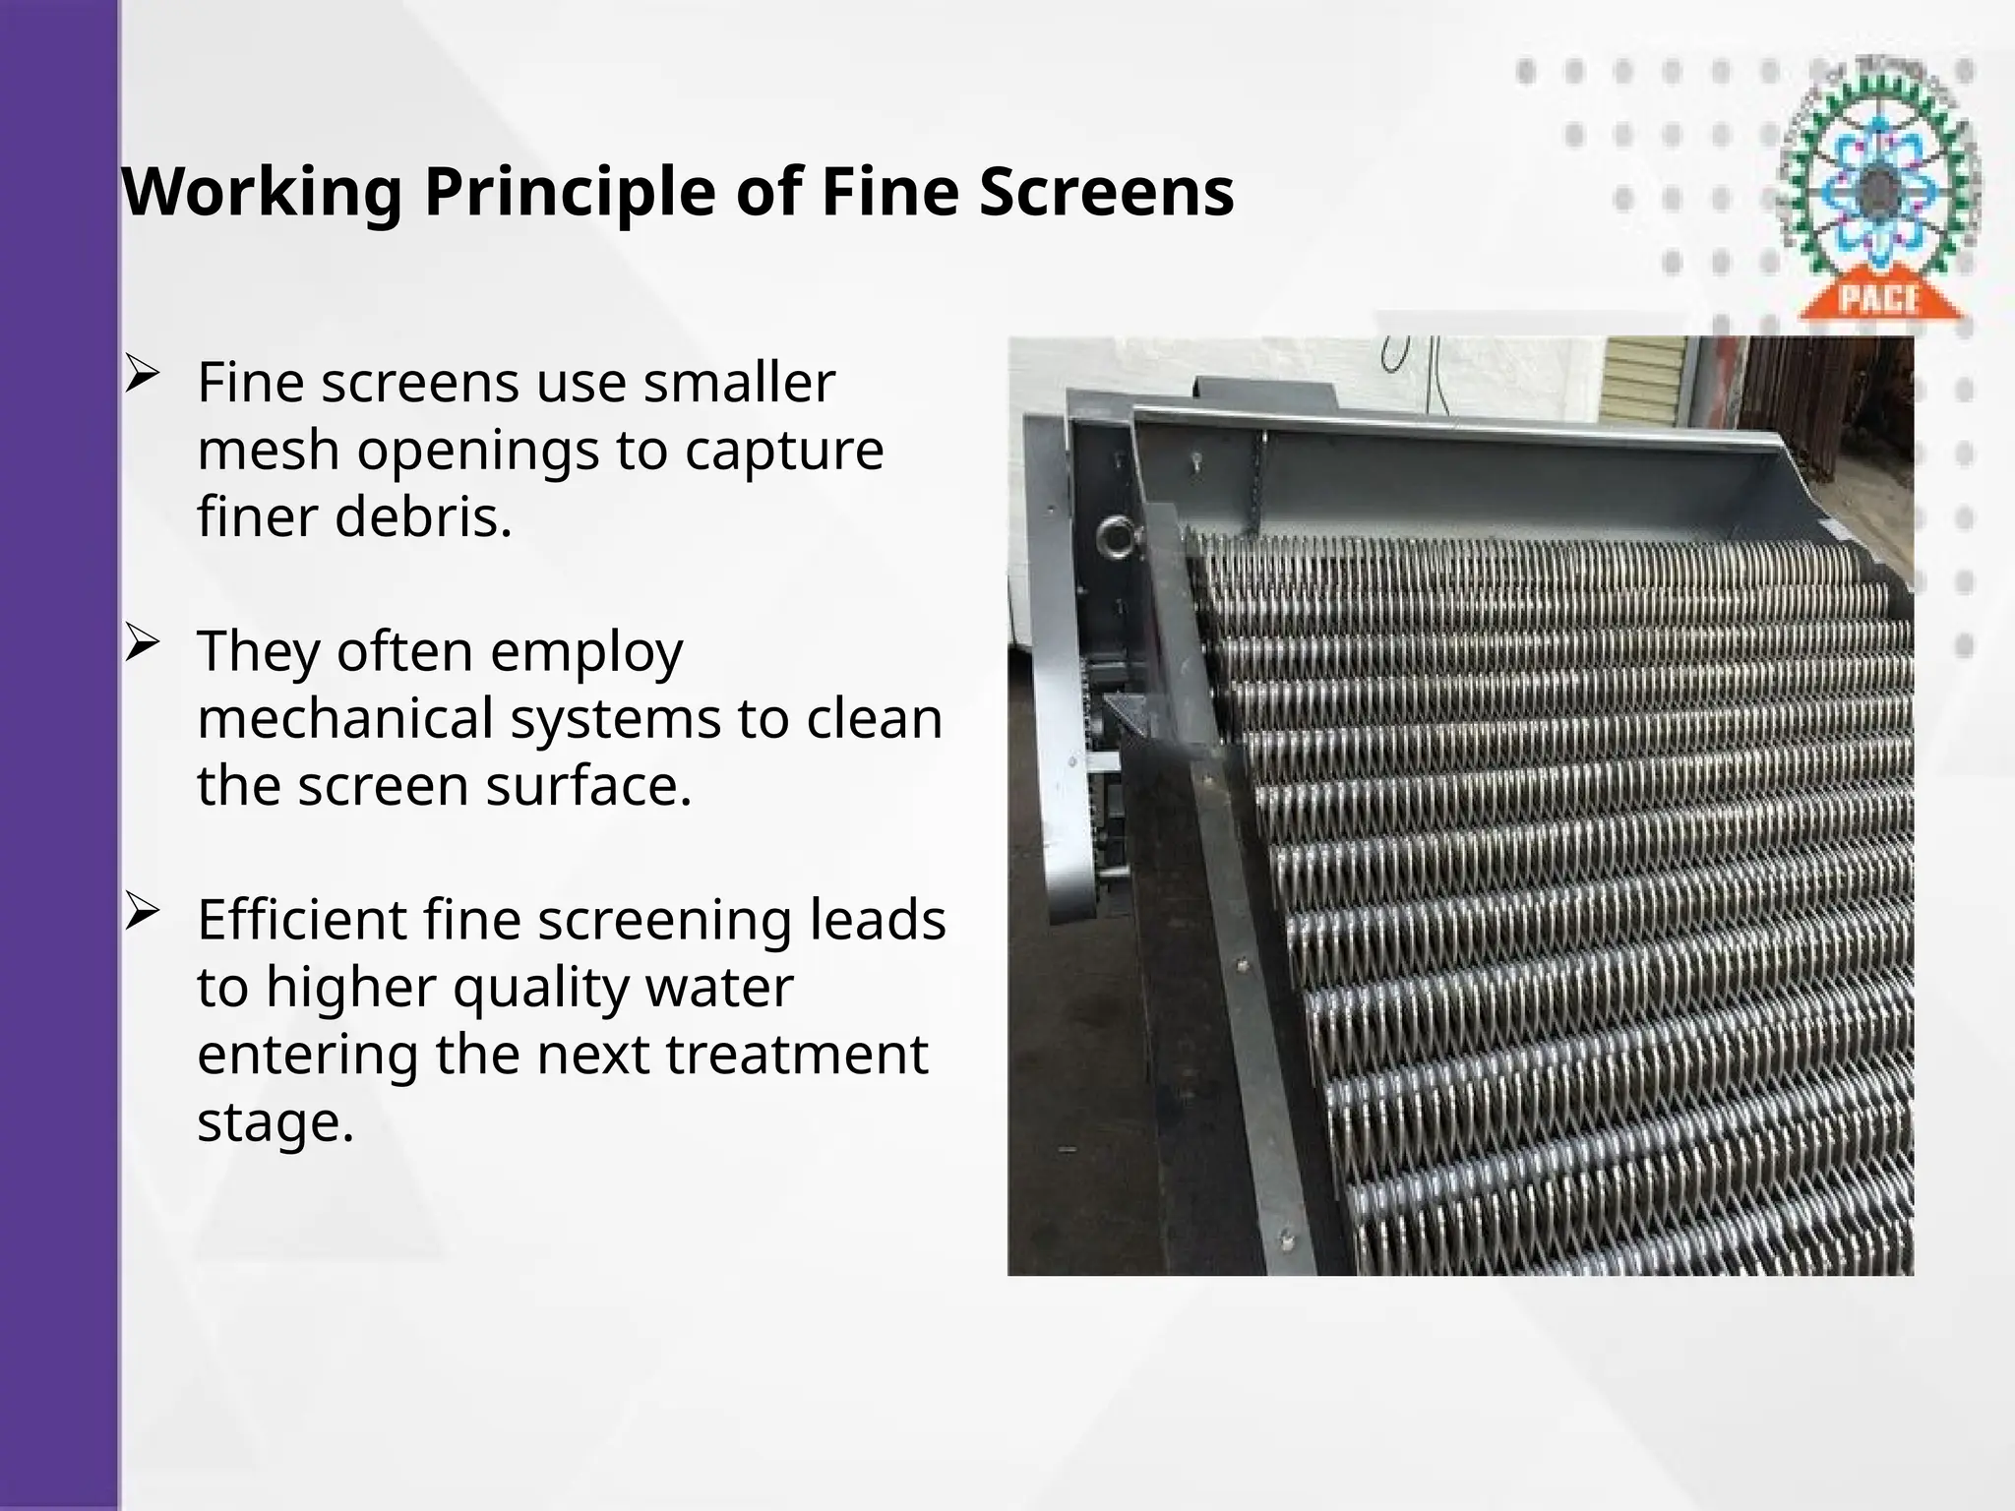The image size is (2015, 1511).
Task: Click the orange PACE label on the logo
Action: click(1880, 298)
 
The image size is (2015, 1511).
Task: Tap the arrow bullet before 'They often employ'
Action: click(142, 644)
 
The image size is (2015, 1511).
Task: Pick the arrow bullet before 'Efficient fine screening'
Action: click(142, 913)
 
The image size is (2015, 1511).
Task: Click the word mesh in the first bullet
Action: click(268, 451)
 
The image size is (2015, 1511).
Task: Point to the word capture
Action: click(783, 451)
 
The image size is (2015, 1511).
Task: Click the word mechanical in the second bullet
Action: click(345, 718)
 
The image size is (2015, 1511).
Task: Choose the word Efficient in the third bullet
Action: click(302, 920)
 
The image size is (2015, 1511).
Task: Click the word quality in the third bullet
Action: click(537, 988)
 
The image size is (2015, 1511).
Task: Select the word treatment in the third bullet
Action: click(796, 1055)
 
